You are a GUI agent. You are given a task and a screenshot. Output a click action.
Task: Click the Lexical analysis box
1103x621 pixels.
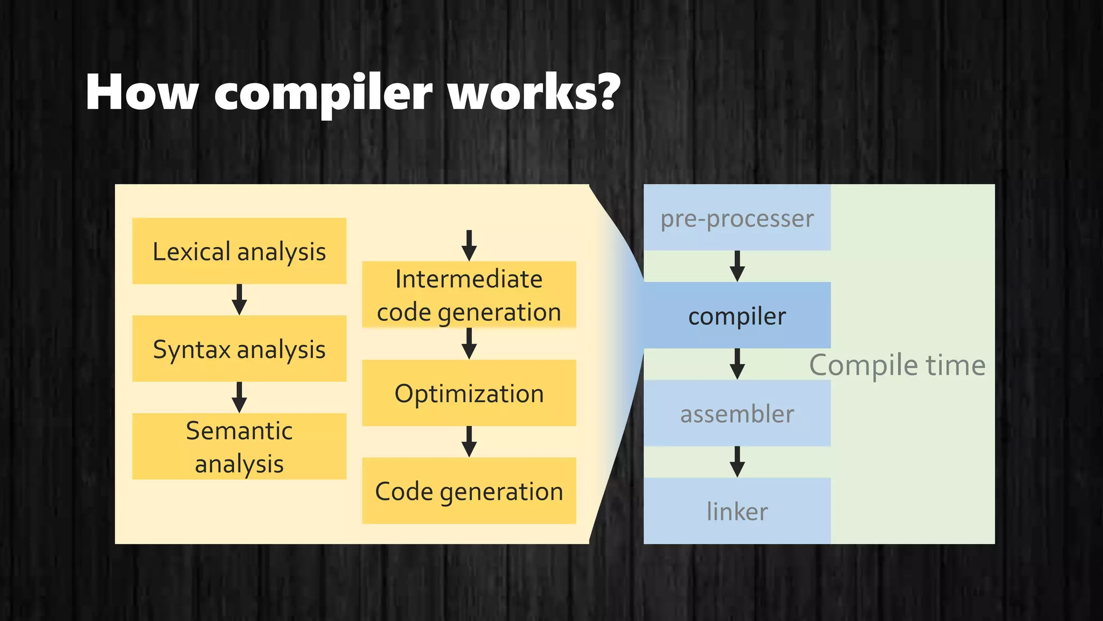click(x=239, y=251)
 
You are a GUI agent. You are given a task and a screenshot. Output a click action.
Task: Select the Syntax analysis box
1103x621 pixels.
click(x=239, y=349)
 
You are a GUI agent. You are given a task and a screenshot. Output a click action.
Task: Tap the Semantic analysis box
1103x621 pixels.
click(x=239, y=446)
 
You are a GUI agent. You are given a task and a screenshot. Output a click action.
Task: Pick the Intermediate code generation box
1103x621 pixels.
click(x=469, y=295)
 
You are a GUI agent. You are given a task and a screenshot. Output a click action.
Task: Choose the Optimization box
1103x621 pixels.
click(x=469, y=393)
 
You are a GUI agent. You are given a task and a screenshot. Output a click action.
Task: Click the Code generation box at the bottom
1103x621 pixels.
click(x=469, y=491)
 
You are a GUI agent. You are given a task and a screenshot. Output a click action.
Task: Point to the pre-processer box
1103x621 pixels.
click(x=737, y=218)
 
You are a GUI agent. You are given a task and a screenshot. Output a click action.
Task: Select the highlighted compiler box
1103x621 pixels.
click(x=737, y=315)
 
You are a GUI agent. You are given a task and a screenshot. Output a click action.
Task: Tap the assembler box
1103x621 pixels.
click(x=737, y=413)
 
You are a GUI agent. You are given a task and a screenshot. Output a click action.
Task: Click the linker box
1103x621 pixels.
click(x=737, y=511)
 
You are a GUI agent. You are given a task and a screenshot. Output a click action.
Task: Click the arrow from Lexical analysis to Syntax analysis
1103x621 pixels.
click(x=239, y=300)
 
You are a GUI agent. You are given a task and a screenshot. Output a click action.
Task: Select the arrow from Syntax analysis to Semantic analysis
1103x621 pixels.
click(x=239, y=397)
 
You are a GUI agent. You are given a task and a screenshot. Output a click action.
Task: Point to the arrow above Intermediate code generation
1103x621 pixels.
click(x=469, y=245)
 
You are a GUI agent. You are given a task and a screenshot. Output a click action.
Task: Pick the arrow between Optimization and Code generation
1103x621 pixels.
click(x=469, y=441)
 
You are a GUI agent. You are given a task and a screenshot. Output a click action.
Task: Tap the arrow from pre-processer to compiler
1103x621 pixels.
click(x=737, y=266)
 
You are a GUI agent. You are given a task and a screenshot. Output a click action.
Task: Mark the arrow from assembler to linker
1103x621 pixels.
click(x=737, y=461)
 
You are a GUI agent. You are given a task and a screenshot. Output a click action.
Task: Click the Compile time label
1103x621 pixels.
click(x=897, y=365)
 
